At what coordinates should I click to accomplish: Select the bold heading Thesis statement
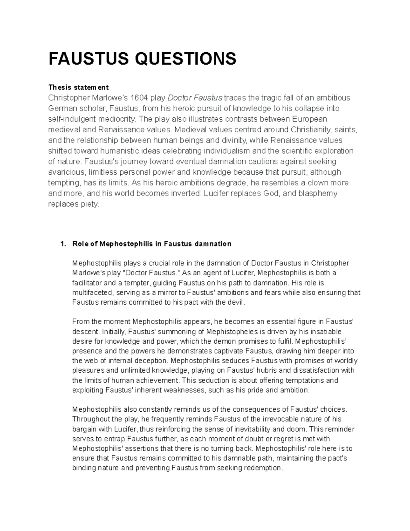point(78,87)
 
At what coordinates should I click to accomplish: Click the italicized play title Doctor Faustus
point(194,98)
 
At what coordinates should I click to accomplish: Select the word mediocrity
point(118,119)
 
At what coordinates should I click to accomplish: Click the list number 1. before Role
point(62,244)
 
